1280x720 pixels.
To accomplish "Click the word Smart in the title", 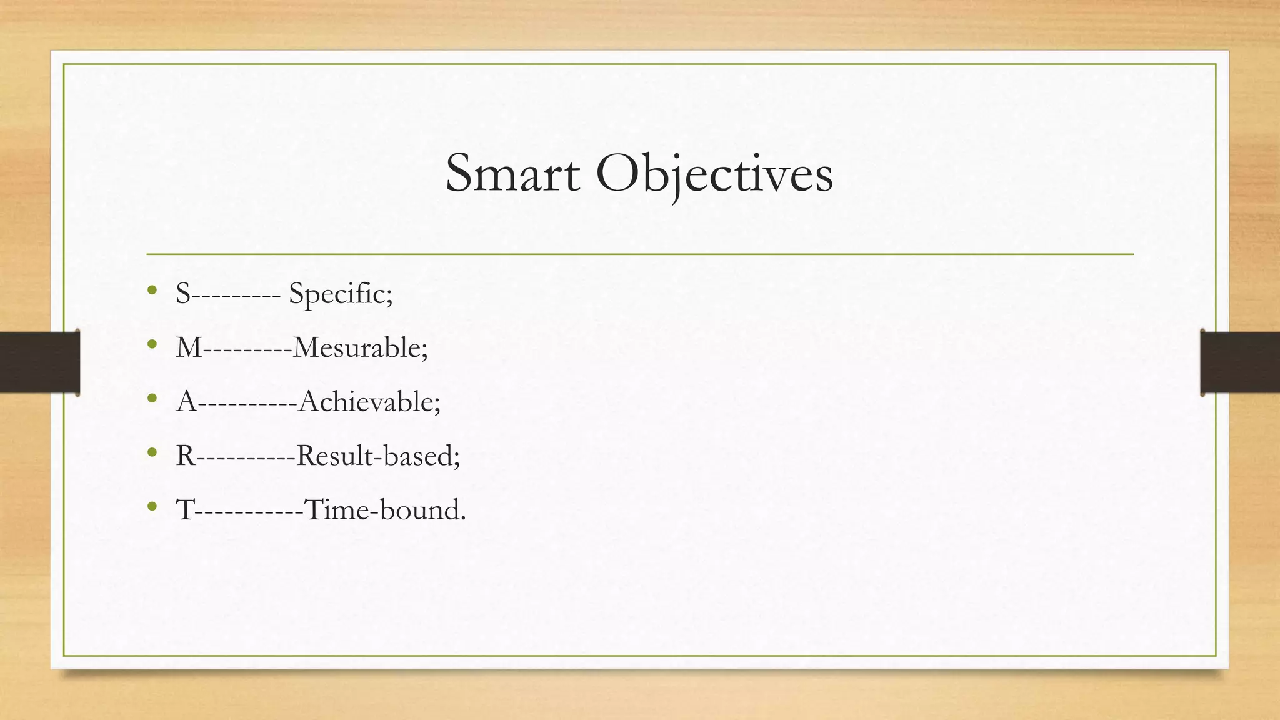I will tap(512, 174).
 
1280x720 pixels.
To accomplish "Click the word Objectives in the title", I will tap(714, 174).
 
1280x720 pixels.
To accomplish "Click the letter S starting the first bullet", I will tap(183, 294).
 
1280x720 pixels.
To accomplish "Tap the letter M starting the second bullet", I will tap(189, 347).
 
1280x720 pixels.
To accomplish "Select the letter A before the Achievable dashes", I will tap(187, 401).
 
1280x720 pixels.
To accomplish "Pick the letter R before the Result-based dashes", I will tap(186, 456).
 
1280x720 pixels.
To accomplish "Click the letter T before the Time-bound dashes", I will tap(186, 510).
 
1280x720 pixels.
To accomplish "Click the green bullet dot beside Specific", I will tap(152, 290).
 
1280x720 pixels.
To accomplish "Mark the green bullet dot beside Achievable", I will tap(152, 398).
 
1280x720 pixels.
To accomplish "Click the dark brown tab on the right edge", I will tap(1240, 362).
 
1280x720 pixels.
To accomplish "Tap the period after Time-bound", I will tap(462, 518).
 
